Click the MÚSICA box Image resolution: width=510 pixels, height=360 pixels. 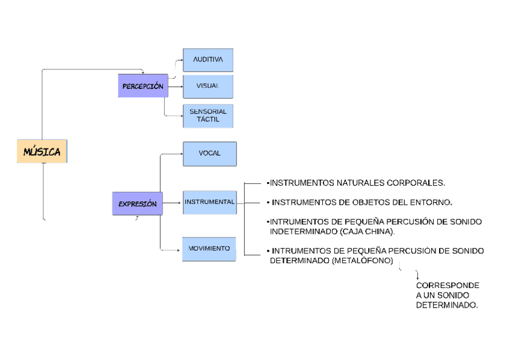[41, 151]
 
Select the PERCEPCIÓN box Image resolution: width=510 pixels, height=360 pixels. [143, 87]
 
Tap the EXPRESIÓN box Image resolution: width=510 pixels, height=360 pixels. [137, 204]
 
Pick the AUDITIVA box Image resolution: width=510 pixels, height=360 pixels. [207, 60]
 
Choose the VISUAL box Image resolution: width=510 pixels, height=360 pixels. [207, 87]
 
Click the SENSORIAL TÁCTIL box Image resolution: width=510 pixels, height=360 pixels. [207, 115]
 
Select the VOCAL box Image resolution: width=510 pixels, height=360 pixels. [209, 153]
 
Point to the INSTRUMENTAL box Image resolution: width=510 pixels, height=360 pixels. [209, 202]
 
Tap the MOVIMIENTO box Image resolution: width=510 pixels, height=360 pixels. [209, 248]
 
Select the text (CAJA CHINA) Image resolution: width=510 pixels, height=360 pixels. [367, 231]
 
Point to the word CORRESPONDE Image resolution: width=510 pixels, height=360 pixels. [447, 285]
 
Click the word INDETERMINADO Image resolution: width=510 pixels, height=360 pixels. [303, 231]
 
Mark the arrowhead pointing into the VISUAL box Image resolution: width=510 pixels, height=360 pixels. [181, 87]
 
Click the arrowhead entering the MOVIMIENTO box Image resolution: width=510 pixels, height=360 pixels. [180, 248]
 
